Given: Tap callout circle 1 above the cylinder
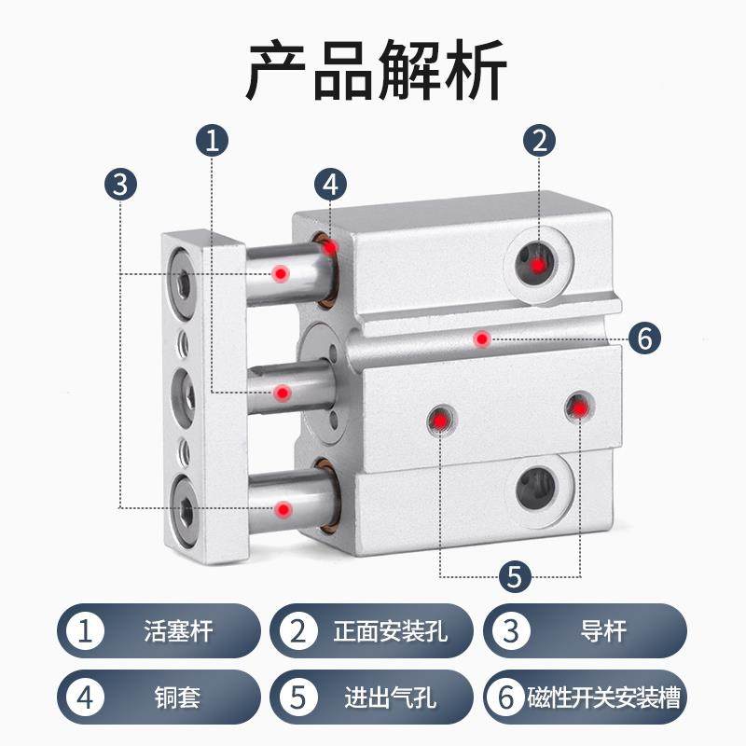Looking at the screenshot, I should coord(213,142).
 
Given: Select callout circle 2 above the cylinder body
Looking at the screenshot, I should coord(539,142).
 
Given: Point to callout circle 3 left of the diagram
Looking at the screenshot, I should coord(119,184).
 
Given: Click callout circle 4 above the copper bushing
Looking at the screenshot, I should coord(330,184).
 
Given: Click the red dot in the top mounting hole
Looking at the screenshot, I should coord(538,265).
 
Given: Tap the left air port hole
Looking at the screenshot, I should coord(439,421).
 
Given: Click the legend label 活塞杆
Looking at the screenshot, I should coord(179,631).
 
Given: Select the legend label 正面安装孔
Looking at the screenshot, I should coord(391,631).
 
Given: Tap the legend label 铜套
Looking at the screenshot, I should coord(179,697).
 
